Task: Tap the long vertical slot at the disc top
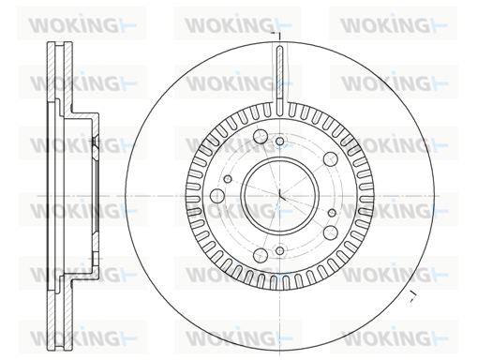pyautogui.click(x=280, y=81)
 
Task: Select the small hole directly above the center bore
pyautogui.click(x=280, y=142)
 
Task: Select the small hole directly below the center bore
pyautogui.click(x=280, y=250)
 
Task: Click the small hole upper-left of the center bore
pyautogui.click(x=228, y=179)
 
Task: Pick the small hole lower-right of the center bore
pyautogui.click(x=333, y=213)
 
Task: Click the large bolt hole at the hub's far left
pyautogui.click(x=217, y=196)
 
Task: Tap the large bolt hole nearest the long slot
pyautogui.click(x=261, y=136)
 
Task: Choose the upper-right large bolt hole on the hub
pyautogui.click(x=331, y=159)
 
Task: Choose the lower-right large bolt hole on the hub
pyautogui.click(x=331, y=232)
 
